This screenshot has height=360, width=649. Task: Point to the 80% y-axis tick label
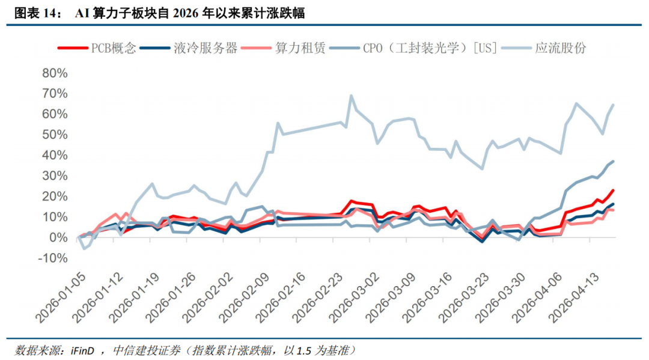click(55, 73)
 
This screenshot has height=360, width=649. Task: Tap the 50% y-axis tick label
click(55, 135)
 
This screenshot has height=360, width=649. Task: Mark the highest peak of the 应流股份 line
click(351, 96)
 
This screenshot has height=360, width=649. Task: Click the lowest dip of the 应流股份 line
click(84, 248)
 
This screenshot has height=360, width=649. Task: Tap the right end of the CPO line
click(613, 161)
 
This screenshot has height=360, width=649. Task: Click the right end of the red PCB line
click(613, 190)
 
